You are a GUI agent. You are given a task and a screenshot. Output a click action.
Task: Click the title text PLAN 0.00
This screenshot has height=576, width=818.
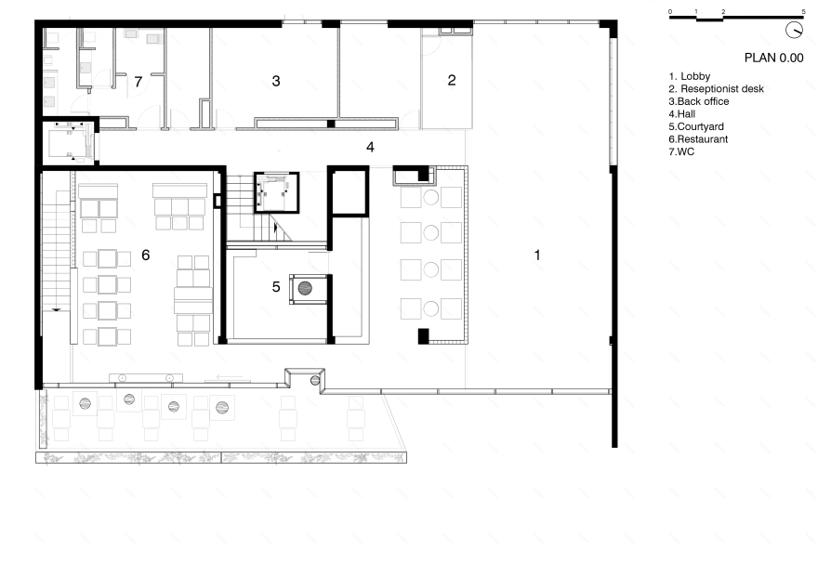[773, 58]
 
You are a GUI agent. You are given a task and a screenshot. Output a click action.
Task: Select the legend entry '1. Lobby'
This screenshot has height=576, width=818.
[689, 76]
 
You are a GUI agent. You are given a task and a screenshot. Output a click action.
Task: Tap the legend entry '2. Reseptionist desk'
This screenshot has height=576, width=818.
[716, 89]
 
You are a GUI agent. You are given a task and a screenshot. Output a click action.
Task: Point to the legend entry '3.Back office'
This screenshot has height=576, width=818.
[698, 101]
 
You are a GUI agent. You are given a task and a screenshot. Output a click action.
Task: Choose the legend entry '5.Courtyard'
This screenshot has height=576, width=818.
[695, 126]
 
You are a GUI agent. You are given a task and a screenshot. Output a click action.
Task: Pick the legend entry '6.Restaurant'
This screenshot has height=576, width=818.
[698, 139]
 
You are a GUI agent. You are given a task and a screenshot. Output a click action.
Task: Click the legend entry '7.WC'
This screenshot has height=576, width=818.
[681, 151]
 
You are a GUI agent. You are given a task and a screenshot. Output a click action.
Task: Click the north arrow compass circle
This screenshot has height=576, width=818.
[794, 30]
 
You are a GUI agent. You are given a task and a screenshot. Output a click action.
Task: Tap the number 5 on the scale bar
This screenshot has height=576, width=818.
[803, 11]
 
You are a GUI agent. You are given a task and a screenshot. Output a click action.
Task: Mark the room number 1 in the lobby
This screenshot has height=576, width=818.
[537, 255]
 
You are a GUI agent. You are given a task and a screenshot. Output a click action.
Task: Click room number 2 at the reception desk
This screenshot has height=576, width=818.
[452, 80]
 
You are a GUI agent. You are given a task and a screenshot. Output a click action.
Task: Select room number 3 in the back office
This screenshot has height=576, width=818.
[276, 81]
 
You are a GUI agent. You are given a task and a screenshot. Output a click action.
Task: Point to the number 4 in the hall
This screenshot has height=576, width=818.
[370, 147]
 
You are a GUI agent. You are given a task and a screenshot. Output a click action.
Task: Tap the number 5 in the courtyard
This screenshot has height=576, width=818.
[276, 287]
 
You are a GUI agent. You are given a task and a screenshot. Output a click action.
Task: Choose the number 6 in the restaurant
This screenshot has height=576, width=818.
[146, 255]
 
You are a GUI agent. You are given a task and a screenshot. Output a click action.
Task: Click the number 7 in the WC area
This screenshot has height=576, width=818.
[138, 82]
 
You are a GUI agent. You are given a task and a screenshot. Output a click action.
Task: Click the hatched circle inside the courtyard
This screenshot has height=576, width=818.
[305, 288]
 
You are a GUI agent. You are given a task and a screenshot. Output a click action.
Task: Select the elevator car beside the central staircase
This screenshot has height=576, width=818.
[276, 193]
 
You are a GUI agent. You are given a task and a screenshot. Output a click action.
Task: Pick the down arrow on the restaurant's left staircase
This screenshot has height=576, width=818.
[56, 309]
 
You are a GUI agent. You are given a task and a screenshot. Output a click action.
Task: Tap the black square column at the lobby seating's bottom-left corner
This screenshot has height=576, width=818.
[423, 336]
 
